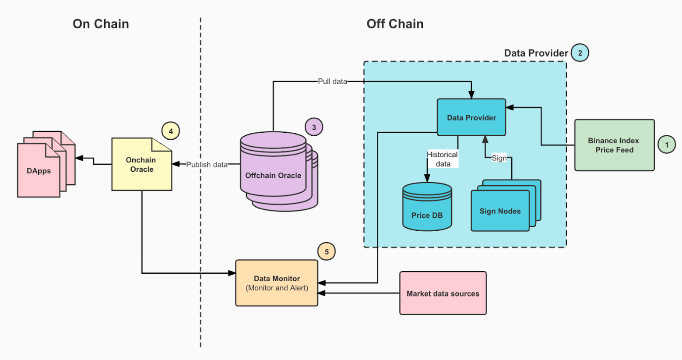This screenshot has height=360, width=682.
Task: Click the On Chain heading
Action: point(101,24)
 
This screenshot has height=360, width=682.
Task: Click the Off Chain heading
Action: point(395,24)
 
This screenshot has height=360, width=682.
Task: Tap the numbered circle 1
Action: point(667,145)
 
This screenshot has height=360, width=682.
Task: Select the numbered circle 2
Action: point(580,53)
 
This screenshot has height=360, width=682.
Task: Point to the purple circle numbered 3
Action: point(314,127)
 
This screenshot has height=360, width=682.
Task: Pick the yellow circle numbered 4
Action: point(171,131)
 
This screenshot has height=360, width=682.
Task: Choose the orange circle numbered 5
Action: point(327,252)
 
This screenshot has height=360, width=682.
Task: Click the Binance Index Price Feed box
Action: point(614,145)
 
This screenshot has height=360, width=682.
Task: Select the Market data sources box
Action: point(443,293)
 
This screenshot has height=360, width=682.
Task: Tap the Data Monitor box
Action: point(277,283)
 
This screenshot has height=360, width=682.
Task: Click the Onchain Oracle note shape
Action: point(141,165)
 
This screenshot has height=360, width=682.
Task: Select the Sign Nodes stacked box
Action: point(500,211)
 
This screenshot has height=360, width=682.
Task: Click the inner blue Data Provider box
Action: point(471,117)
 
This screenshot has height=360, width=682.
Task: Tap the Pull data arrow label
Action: point(332,81)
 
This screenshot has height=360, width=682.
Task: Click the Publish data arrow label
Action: point(207,165)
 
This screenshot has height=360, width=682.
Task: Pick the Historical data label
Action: point(443,159)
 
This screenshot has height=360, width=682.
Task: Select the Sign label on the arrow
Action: point(499,158)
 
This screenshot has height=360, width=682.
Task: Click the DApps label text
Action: point(39,171)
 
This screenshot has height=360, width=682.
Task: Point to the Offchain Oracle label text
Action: point(273,176)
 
